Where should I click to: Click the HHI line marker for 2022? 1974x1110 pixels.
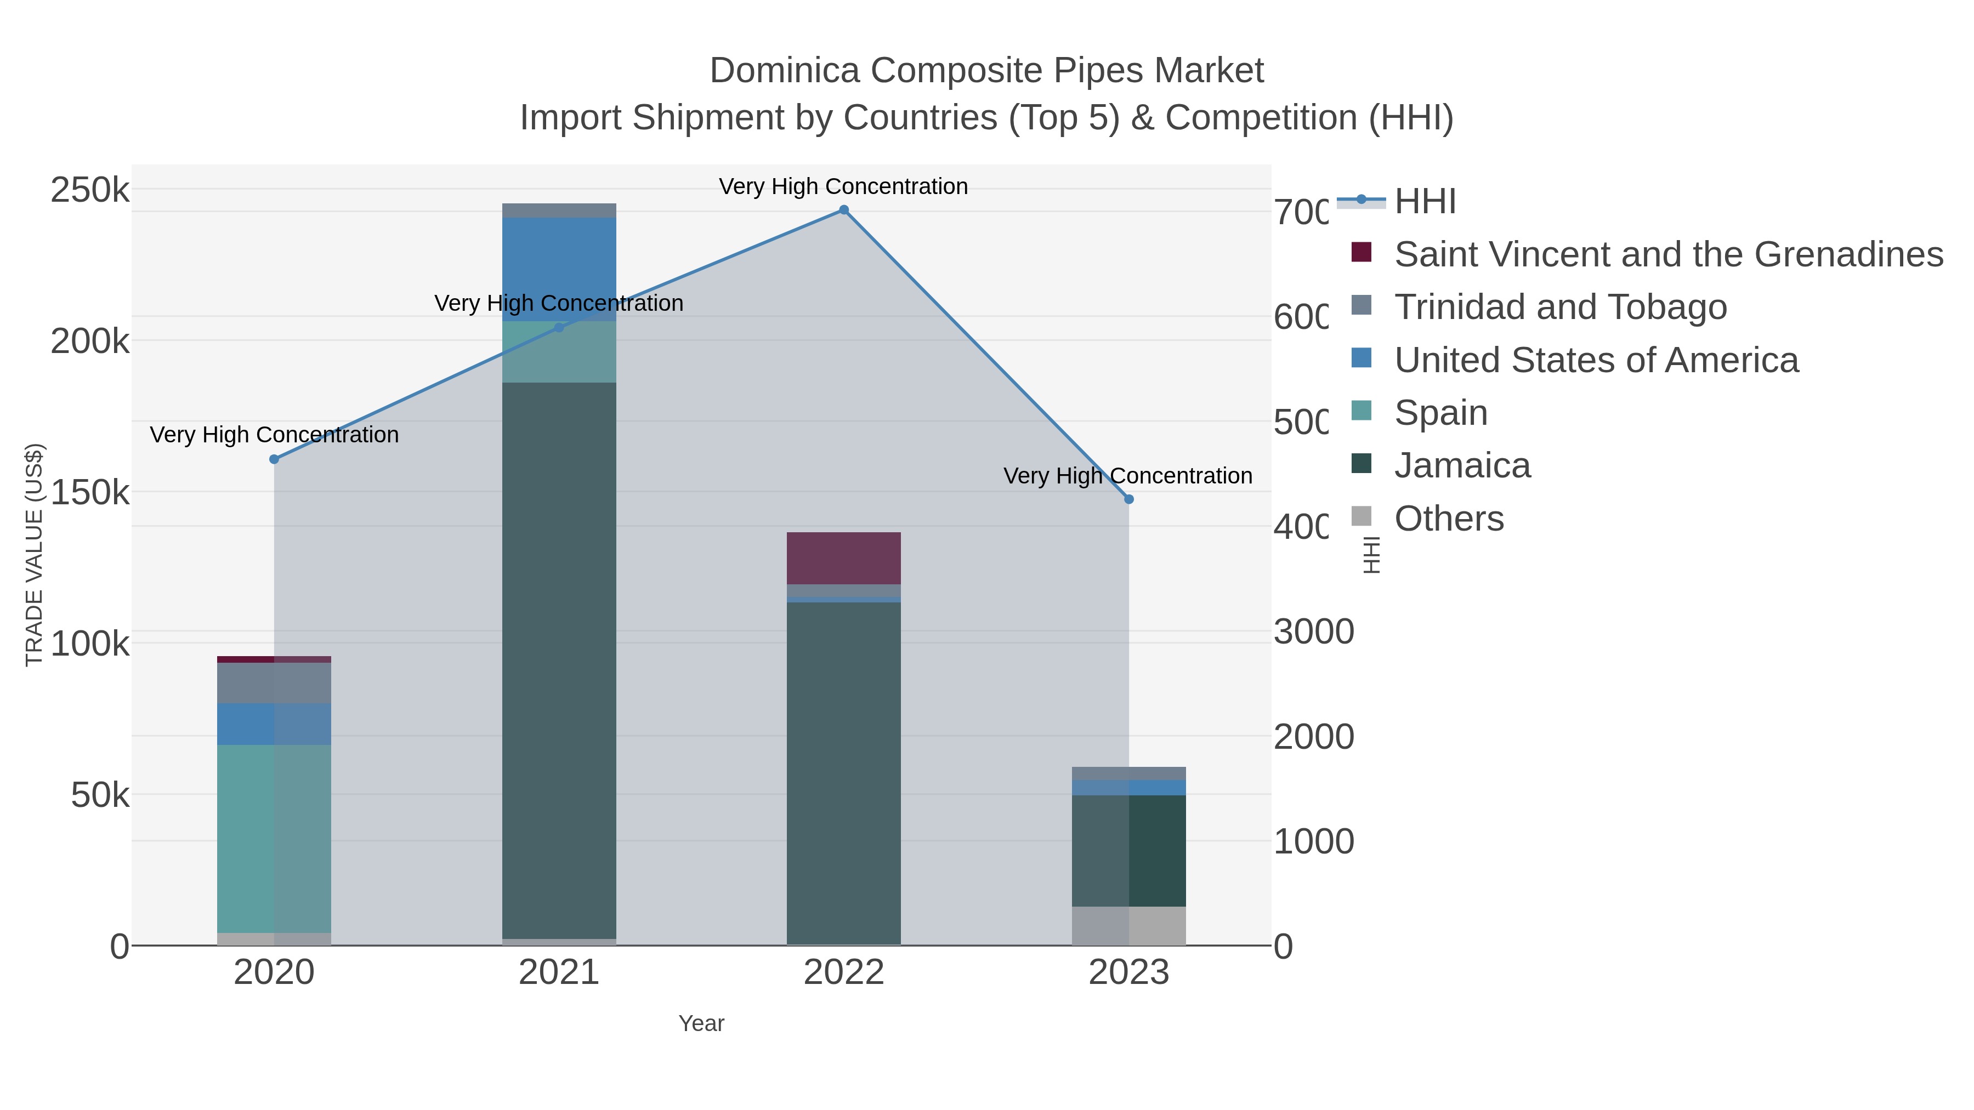pos(844,210)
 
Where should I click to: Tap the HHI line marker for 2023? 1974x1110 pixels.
pos(1129,499)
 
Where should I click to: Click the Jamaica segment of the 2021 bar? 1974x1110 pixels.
pos(559,659)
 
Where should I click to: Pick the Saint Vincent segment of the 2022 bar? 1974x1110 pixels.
pos(844,559)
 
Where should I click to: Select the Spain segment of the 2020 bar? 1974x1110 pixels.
pos(274,839)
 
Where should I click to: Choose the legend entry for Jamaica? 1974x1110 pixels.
pos(1462,466)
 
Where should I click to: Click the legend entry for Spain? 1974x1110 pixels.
pos(1440,413)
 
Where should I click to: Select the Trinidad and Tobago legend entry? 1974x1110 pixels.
pos(1560,307)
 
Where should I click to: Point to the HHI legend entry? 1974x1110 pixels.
pos(1425,202)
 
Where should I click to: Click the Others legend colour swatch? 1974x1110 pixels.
pos(1362,516)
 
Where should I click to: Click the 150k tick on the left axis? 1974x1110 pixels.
pos(90,493)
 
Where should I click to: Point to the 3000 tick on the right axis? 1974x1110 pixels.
pos(1313,632)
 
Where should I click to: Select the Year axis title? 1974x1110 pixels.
pos(701,1023)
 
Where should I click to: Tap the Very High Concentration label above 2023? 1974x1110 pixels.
pos(1128,476)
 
